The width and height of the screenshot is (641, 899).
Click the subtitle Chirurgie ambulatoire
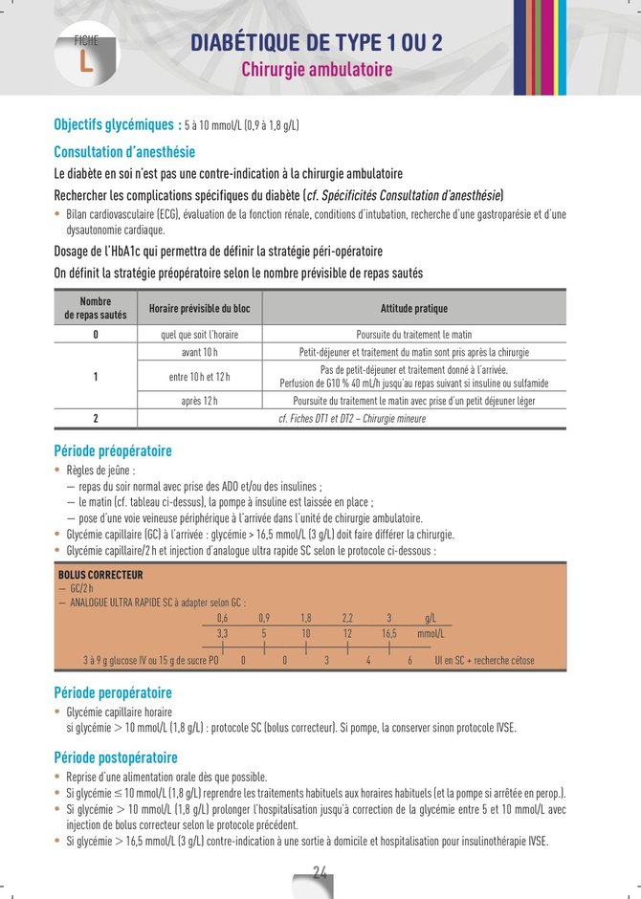(x=317, y=71)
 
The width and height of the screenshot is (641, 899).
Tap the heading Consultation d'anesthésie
(x=124, y=151)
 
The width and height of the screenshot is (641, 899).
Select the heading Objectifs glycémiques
(x=117, y=124)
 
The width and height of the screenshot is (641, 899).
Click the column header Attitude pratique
(x=413, y=308)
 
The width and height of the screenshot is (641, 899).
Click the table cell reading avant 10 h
(x=199, y=352)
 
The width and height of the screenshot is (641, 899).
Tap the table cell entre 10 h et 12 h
(x=199, y=376)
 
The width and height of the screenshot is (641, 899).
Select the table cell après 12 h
(x=199, y=401)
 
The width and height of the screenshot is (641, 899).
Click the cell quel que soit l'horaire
(x=199, y=335)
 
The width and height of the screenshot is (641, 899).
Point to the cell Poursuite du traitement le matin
(x=413, y=335)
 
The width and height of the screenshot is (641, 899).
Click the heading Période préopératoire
(x=113, y=450)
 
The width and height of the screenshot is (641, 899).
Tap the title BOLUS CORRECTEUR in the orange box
(x=100, y=576)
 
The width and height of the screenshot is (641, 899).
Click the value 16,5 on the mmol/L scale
(x=389, y=633)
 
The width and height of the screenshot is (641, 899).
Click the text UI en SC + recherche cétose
(x=484, y=660)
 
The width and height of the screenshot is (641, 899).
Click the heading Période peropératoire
(x=113, y=692)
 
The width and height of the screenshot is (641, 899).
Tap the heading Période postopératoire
(x=115, y=757)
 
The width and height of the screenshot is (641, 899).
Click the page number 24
(x=320, y=871)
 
